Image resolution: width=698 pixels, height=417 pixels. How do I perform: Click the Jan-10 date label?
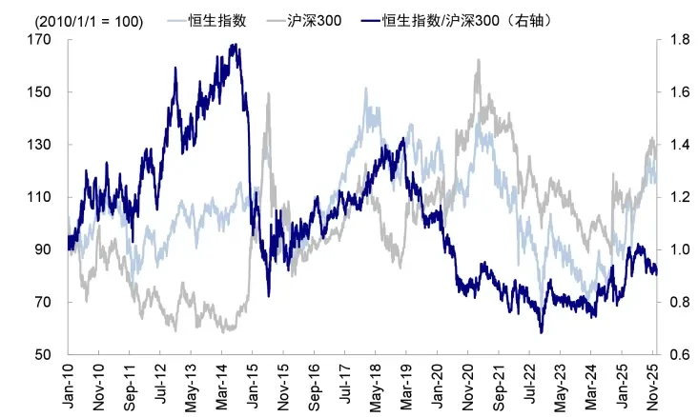[70, 386]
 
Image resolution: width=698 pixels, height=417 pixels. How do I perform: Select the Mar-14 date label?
[222, 386]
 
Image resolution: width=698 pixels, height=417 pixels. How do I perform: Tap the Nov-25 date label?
[654, 386]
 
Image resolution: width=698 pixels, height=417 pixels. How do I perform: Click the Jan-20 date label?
[437, 386]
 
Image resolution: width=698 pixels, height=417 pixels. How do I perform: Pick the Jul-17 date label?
[345, 386]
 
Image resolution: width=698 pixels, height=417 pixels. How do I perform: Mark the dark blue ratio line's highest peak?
[234, 45]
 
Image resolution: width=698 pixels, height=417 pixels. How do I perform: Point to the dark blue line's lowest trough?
[541, 332]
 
